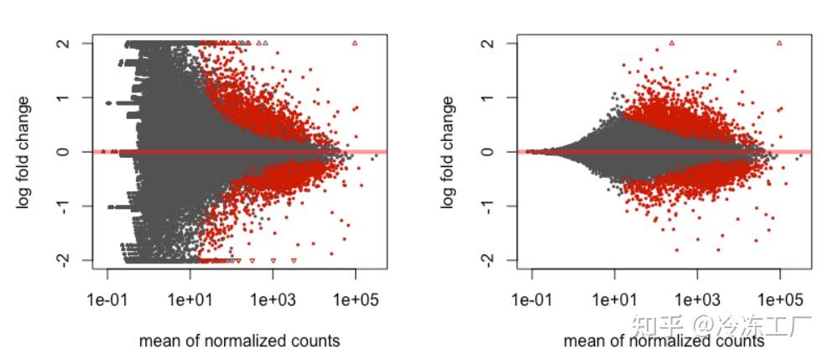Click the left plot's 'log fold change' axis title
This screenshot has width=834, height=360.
(x=24, y=152)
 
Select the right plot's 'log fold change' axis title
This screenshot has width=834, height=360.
(x=449, y=152)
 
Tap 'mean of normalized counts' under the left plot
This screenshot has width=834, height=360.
(x=239, y=341)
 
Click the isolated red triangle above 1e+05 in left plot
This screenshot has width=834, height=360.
(x=355, y=43)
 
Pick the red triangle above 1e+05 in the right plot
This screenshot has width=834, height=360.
(x=779, y=43)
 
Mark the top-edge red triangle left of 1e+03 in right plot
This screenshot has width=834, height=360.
(x=671, y=43)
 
